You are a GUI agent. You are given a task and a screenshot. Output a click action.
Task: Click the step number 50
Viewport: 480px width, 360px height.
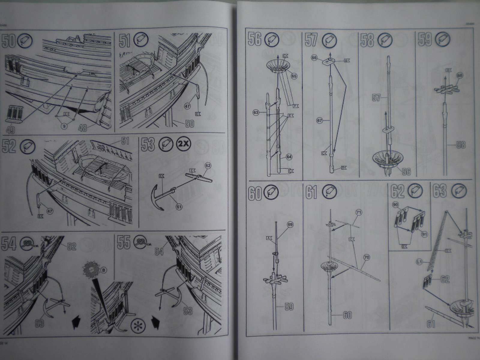pyautogui.click(x=8, y=41)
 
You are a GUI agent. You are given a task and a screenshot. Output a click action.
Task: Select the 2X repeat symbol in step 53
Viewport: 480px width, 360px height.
pyautogui.click(x=183, y=143)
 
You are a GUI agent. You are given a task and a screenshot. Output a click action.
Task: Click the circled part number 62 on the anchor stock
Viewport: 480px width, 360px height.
pyautogui.click(x=208, y=165)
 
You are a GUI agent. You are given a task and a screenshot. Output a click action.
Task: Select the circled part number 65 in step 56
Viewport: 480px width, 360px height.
pyautogui.click(x=294, y=76)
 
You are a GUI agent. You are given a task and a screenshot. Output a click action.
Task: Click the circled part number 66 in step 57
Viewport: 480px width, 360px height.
pyautogui.click(x=314, y=59)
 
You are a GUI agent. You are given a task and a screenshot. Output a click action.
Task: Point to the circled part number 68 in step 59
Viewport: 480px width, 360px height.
pyautogui.click(x=459, y=75)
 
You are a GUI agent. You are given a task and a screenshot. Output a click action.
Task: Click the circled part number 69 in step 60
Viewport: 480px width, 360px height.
pyautogui.click(x=289, y=224)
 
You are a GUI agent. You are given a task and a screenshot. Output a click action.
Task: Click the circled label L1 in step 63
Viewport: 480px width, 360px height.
pyautogui.click(x=419, y=262)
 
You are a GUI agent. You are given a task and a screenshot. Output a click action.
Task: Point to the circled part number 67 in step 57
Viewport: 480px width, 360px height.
pyautogui.click(x=320, y=120)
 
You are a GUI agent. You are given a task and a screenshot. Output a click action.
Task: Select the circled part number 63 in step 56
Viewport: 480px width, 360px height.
pyautogui.click(x=256, y=113)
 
